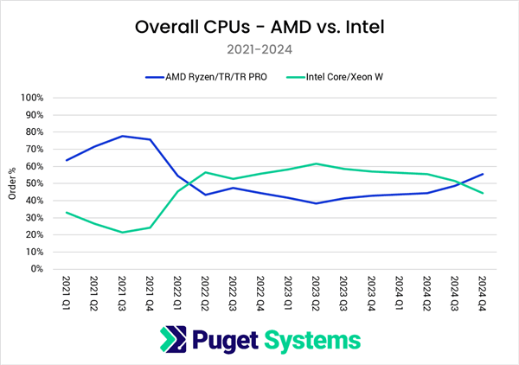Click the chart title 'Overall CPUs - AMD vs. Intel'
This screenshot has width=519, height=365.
point(259,27)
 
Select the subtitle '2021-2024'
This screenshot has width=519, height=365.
point(259,50)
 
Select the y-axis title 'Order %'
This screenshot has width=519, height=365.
point(11,183)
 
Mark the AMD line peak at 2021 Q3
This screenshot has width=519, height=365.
point(122,136)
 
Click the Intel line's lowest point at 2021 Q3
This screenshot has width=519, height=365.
point(122,232)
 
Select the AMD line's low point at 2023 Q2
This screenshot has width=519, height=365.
point(317,203)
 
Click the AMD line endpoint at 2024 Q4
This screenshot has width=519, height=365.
point(482,174)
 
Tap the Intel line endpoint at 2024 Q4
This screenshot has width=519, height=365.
point(482,193)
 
